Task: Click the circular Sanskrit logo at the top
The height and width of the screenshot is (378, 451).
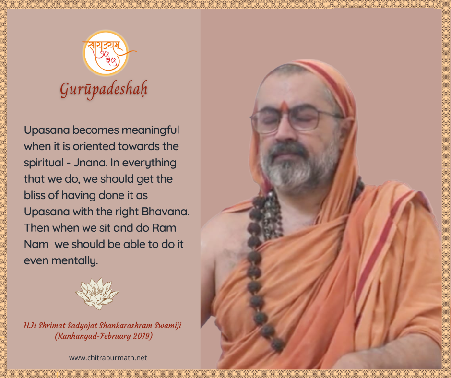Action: pos(106,53)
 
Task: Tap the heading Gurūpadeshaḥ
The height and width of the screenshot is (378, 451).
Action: pos(104,90)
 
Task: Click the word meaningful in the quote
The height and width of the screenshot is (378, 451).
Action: pos(151,130)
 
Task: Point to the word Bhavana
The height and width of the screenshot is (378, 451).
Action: pos(166,212)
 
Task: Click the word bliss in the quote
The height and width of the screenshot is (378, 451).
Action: pos(35,195)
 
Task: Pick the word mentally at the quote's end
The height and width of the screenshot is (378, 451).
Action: pos(75,261)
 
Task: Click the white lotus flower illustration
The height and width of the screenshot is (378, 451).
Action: pos(97,294)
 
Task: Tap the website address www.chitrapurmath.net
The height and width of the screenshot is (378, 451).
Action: pos(108,358)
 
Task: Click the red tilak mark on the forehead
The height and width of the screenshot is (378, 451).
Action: pos(284,106)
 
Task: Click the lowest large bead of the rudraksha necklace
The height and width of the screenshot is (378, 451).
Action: pos(278,344)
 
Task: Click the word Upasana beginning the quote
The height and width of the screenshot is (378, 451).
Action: pos(47,130)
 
